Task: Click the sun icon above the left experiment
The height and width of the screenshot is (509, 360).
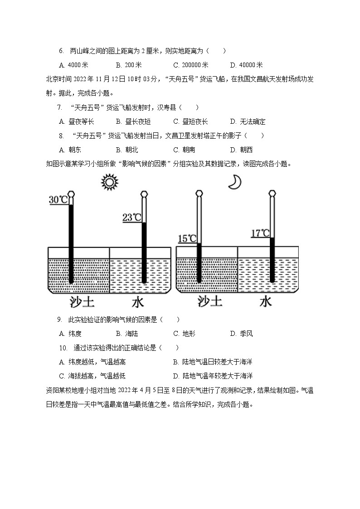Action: coord(109,183)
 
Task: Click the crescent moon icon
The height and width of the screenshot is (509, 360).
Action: coord(234,182)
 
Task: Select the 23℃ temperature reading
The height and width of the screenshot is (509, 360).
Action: coord(131,218)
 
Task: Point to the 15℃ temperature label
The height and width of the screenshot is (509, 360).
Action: coord(187,238)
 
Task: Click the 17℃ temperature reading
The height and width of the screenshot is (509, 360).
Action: coord(260,233)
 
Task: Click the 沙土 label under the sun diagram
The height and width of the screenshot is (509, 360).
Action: coord(82,302)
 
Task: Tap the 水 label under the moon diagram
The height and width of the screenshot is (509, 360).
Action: coord(265,301)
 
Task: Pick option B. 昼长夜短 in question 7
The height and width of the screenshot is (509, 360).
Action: coord(133,121)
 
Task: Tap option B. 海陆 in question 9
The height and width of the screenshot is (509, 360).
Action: coord(127,334)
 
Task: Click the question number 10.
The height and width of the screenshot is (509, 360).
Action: coord(63,348)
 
